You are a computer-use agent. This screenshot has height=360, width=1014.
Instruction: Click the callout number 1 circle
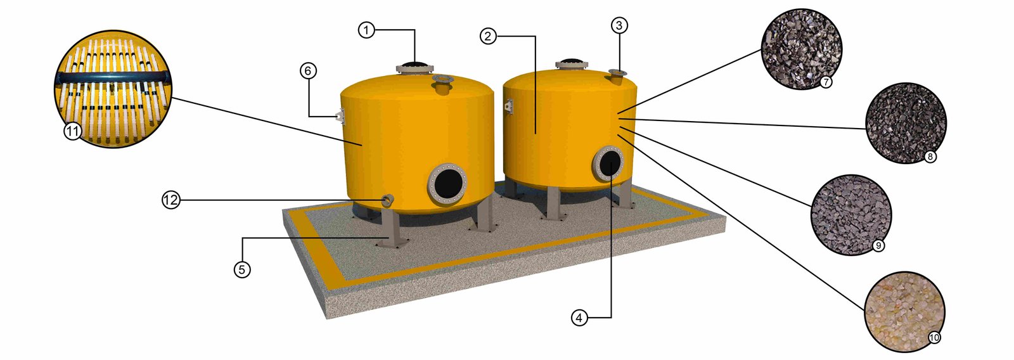click(367, 30)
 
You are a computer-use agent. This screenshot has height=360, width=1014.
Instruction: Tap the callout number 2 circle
click(487, 35)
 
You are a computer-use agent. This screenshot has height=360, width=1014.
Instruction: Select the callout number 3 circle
click(619, 25)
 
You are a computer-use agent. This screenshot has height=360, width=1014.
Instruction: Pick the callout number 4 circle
click(579, 318)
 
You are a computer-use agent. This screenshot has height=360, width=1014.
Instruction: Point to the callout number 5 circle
click(241, 269)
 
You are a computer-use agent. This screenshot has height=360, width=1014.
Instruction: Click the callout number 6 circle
click(308, 70)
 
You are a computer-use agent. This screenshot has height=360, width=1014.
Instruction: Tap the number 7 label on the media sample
click(826, 82)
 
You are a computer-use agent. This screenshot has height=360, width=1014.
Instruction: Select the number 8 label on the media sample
click(929, 157)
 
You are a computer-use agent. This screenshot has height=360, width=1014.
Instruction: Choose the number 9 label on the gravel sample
click(878, 245)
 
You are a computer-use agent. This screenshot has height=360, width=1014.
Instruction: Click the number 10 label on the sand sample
click(934, 338)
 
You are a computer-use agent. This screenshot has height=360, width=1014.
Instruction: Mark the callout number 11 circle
click(72, 132)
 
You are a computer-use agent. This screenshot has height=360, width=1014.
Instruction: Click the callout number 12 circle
click(171, 200)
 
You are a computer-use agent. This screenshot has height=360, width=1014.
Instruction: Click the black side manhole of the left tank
click(447, 183)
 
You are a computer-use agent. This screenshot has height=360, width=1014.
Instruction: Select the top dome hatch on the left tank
click(415, 67)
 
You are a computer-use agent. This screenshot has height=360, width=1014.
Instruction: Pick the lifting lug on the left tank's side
click(340, 115)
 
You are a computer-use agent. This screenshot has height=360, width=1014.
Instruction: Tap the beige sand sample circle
click(904, 312)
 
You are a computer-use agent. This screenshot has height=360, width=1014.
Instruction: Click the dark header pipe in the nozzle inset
click(113, 78)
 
